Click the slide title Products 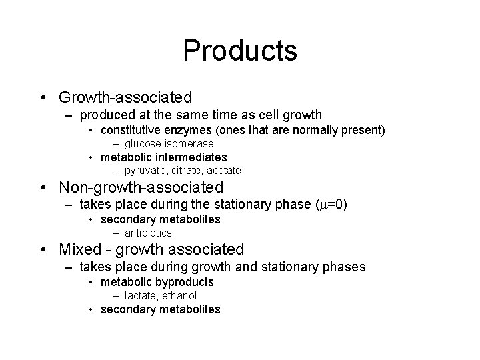pos(240,51)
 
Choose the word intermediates pos(190,157)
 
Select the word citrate pos(182,171)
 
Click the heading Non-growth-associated pos(141,188)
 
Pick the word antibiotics pos(148,233)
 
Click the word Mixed pos(79,250)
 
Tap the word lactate pos(139,295)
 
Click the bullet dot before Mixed pos(43,250)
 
